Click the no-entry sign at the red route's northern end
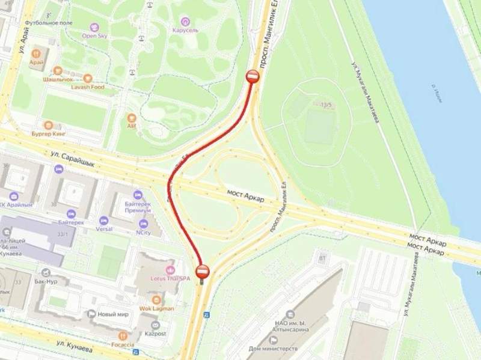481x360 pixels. tap(253, 76)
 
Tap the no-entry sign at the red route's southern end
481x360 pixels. tap(202, 271)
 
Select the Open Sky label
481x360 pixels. tap(94, 35)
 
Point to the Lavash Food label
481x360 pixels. tap(90, 87)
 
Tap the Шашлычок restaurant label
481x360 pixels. tap(58, 79)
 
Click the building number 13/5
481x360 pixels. tap(327, 105)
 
